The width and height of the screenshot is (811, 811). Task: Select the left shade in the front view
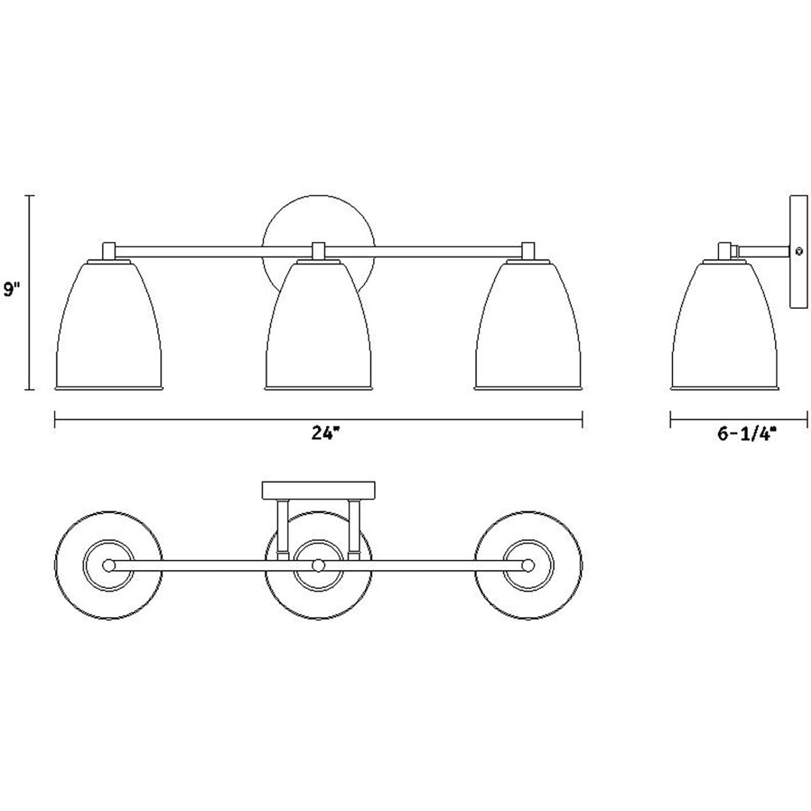pos(108,324)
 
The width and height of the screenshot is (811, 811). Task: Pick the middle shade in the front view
pos(318,324)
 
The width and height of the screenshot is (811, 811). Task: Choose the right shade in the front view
pos(529,324)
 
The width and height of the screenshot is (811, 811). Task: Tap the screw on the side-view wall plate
pos(797,252)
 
